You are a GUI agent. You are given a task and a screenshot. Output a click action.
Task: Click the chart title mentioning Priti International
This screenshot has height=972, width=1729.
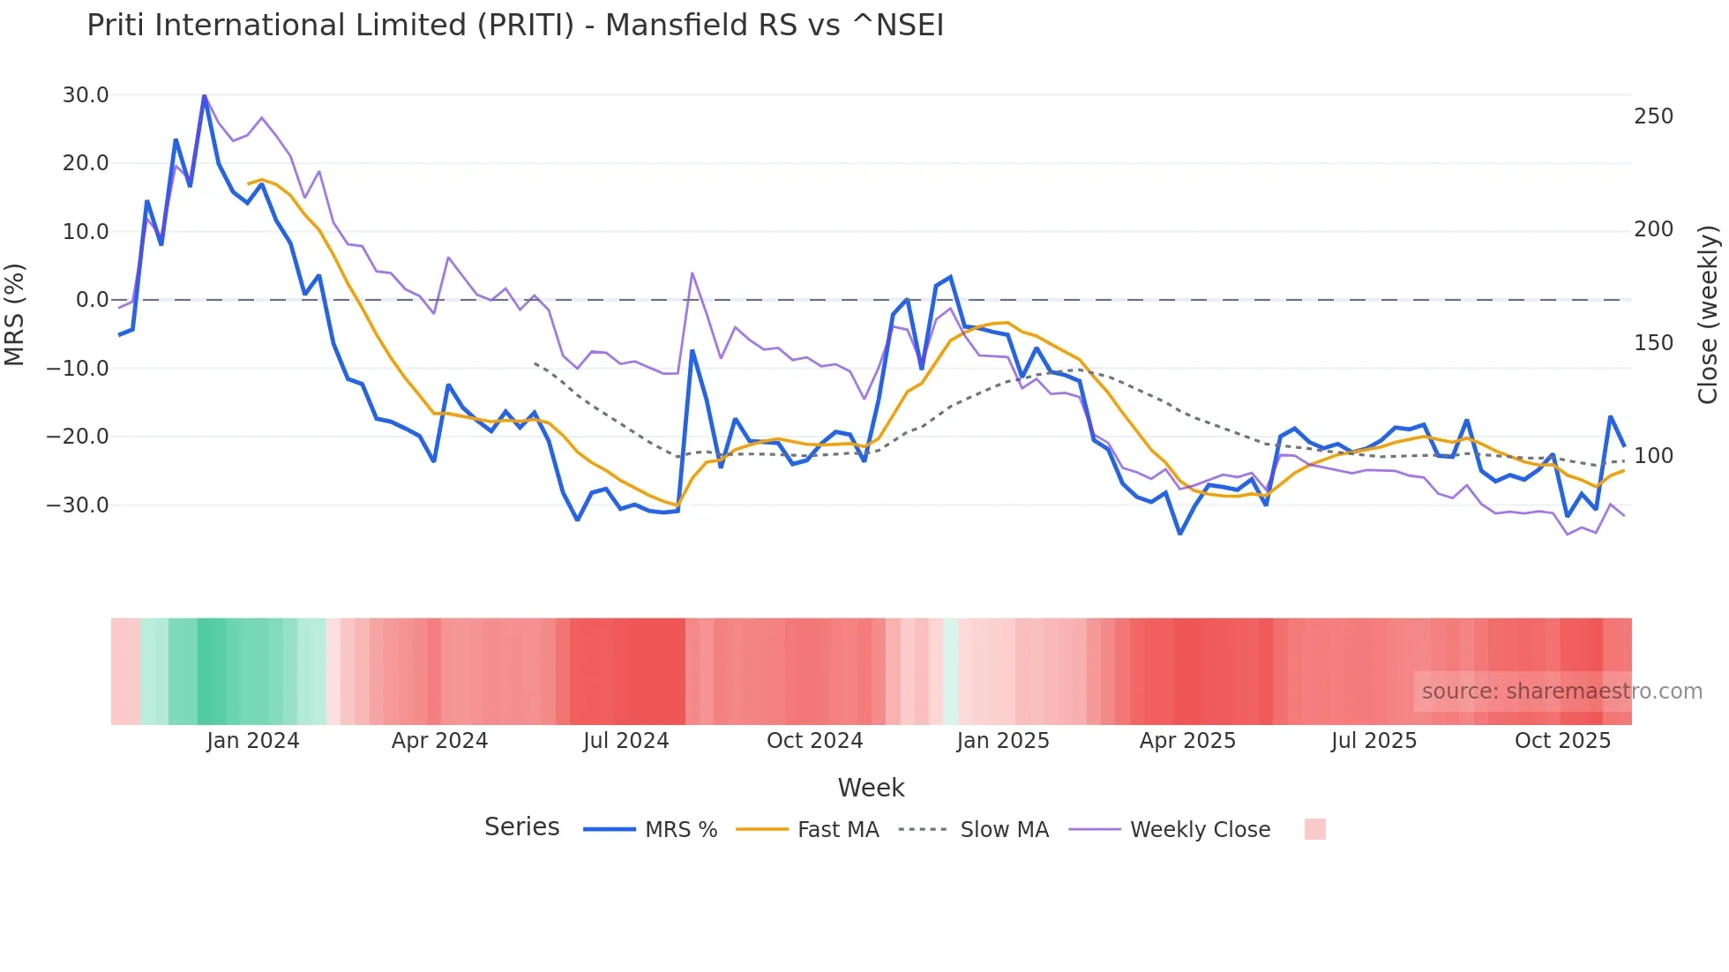tap(515, 26)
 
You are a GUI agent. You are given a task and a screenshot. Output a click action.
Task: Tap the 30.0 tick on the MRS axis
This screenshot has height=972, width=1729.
tap(86, 95)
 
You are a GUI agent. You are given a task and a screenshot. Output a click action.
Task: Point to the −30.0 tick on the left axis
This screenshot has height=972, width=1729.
tap(78, 505)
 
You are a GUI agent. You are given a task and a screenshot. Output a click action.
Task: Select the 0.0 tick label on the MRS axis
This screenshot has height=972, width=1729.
tap(92, 300)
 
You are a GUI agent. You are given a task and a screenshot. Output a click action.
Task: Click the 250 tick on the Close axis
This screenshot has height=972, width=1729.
tap(1653, 116)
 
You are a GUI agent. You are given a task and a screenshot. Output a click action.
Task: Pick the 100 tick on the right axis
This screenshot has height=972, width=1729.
tap(1653, 456)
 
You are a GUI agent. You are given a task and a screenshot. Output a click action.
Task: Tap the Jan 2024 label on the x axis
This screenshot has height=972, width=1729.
tap(253, 741)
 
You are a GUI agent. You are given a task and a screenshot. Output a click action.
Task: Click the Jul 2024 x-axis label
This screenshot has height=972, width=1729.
tap(625, 741)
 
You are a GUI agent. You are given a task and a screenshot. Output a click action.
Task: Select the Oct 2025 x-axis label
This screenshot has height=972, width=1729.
tap(1562, 741)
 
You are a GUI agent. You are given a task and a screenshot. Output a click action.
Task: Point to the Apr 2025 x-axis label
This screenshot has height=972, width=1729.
tap(1187, 741)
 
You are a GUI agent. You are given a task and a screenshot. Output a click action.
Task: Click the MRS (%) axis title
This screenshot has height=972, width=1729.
tap(15, 314)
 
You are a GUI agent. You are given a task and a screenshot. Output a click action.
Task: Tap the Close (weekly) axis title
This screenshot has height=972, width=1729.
tap(1708, 314)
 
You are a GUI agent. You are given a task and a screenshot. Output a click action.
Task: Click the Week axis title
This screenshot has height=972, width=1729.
tap(871, 788)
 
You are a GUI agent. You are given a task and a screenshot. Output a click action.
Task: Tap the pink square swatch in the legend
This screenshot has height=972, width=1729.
tap(1314, 829)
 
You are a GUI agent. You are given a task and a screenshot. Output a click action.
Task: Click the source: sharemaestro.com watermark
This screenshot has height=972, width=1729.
tap(1561, 692)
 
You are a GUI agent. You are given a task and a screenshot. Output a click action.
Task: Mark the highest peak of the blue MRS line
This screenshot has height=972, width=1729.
tap(204, 95)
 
